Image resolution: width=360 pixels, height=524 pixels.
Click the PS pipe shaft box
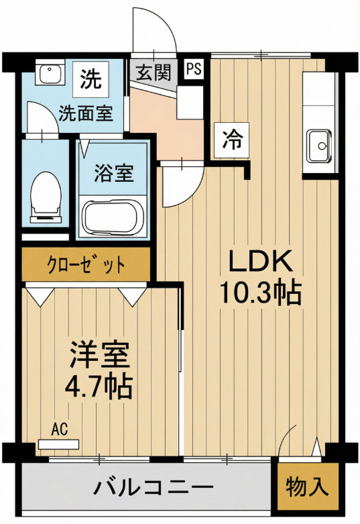(x=194, y=69)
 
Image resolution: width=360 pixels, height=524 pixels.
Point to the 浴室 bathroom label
(x=113, y=174)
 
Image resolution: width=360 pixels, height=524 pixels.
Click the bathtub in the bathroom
(x=112, y=216)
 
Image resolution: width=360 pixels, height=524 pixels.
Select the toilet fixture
(x=45, y=194)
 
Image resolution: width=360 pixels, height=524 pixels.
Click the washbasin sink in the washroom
(x=48, y=74)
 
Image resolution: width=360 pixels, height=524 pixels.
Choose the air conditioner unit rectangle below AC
(x=59, y=443)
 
